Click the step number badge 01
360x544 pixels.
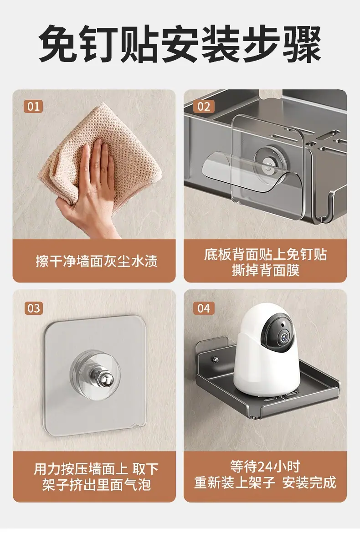(x=33, y=106)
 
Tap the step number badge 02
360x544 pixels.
(x=204, y=107)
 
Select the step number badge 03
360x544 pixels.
(x=33, y=308)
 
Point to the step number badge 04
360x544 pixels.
(x=204, y=308)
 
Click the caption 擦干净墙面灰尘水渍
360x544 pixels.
(x=97, y=261)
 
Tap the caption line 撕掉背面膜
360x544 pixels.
(x=266, y=270)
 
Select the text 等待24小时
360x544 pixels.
(x=265, y=467)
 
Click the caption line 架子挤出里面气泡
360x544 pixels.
(x=97, y=484)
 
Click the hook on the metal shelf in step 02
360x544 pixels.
(x=323, y=208)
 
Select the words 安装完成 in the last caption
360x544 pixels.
(x=309, y=482)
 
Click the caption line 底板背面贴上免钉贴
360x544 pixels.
(x=266, y=254)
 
